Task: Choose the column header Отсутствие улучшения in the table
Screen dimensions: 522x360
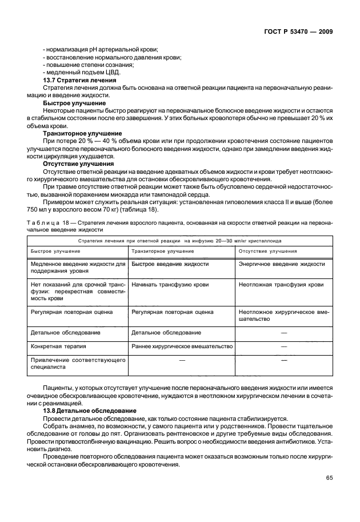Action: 267,251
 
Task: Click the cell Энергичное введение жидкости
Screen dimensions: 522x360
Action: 282,264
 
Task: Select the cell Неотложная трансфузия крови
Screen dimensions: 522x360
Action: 281,284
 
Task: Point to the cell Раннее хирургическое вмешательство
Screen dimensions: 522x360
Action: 182,346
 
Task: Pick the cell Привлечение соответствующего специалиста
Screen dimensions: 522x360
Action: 77,365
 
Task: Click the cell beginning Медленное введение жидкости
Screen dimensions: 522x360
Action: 77,268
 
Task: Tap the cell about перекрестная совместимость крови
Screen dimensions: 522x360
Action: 77,291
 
